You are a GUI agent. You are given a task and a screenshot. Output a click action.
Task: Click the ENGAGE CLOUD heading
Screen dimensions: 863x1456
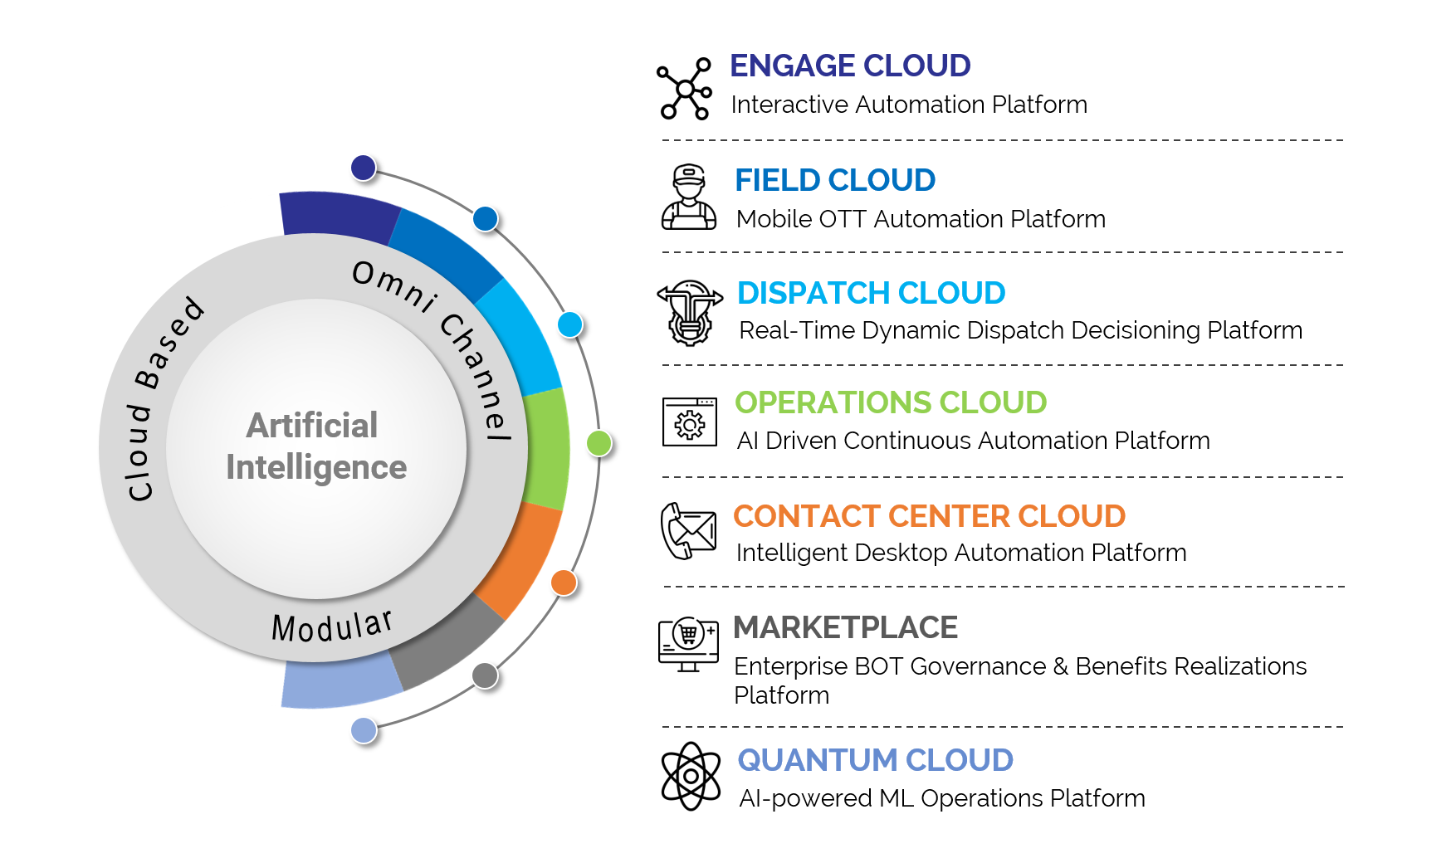[x=850, y=66]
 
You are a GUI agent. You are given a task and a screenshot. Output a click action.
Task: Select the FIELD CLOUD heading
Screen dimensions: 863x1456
[x=835, y=180]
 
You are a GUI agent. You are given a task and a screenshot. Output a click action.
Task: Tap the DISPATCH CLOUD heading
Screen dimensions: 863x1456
[x=871, y=293]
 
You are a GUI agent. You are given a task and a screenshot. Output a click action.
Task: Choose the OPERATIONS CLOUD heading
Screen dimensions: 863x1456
[x=891, y=402]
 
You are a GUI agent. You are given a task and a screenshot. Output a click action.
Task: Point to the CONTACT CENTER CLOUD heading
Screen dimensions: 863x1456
[x=929, y=516]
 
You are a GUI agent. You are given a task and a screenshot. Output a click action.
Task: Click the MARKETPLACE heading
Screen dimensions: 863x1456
[x=845, y=627]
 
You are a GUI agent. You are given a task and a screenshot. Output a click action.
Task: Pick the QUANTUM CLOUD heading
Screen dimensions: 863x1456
[x=875, y=760]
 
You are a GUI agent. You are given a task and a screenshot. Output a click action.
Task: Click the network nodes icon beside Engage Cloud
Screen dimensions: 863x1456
[x=685, y=89]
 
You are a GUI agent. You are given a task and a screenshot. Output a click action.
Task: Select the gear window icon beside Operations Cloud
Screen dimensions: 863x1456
[x=690, y=422]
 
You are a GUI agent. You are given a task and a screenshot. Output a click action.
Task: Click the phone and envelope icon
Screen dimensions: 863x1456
[x=688, y=531]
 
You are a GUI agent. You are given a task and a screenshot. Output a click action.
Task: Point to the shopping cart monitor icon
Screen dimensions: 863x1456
[x=688, y=644]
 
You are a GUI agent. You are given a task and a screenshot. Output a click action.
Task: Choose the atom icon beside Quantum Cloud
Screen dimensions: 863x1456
[x=691, y=777]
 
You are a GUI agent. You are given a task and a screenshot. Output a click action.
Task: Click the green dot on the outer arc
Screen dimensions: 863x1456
[x=599, y=443]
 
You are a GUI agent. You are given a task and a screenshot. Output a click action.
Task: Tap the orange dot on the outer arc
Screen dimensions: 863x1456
[x=564, y=583]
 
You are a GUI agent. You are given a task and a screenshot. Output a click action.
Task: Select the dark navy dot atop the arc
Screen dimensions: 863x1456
[x=363, y=168]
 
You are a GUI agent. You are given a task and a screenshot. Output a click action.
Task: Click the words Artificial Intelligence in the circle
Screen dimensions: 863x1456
[x=316, y=446]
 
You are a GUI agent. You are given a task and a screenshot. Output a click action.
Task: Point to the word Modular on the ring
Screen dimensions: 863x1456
[x=331, y=627]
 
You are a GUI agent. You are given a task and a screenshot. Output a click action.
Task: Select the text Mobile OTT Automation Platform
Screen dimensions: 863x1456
[x=921, y=219]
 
